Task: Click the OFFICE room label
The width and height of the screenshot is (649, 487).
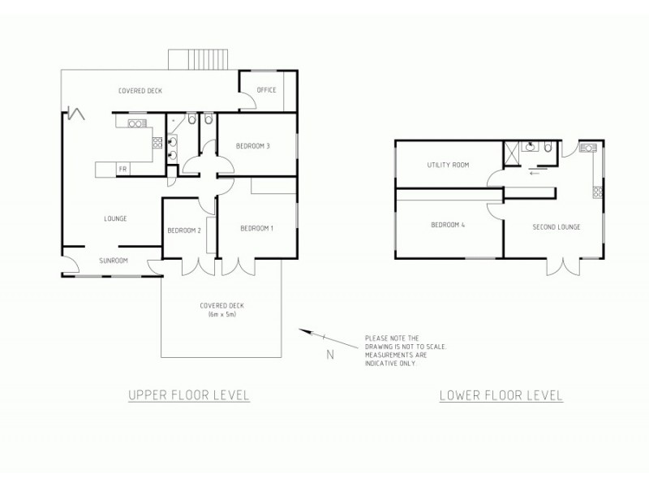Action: pyautogui.click(x=267, y=90)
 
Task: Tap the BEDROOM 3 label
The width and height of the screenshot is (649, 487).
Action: pyautogui.click(x=252, y=146)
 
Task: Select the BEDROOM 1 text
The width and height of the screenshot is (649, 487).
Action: pyautogui.click(x=256, y=228)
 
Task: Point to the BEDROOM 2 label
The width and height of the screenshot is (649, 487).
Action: pyautogui.click(x=184, y=231)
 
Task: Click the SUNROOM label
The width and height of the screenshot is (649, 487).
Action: pyautogui.click(x=113, y=261)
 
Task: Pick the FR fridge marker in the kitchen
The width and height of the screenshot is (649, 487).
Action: pyautogui.click(x=122, y=168)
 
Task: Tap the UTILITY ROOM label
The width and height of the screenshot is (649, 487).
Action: pyautogui.click(x=448, y=165)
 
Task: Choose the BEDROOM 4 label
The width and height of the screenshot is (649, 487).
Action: pyautogui.click(x=447, y=225)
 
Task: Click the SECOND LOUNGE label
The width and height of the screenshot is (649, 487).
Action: pyautogui.click(x=556, y=226)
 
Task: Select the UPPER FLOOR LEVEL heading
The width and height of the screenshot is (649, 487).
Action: pyautogui.click(x=188, y=395)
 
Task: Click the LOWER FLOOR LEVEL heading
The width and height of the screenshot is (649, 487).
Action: pyautogui.click(x=501, y=396)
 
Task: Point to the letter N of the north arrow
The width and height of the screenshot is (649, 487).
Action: pyautogui.click(x=329, y=353)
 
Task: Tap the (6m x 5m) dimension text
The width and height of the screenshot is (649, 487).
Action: pyautogui.click(x=221, y=314)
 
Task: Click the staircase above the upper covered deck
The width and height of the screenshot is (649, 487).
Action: pyautogui.click(x=199, y=59)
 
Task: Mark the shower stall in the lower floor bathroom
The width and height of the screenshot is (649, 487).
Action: pyautogui.click(x=512, y=152)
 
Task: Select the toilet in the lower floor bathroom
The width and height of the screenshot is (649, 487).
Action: pyautogui.click(x=549, y=147)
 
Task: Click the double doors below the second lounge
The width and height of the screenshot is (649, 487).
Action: pyautogui.click(x=565, y=266)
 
